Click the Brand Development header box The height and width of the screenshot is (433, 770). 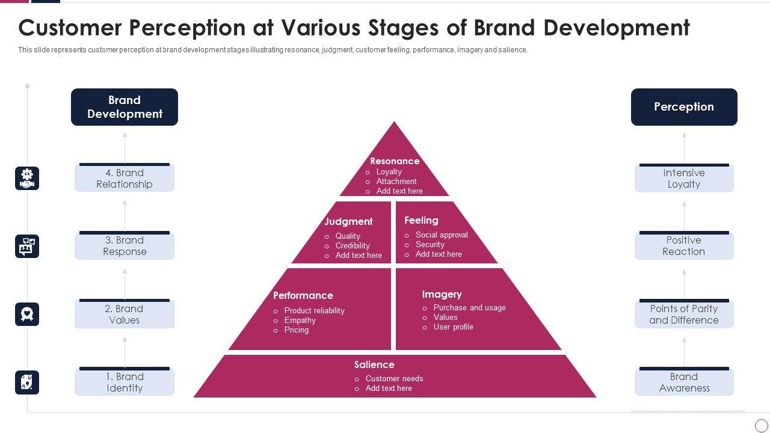[x=125, y=107]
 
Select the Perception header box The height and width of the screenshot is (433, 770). [x=684, y=107]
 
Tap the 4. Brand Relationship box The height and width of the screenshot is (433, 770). [x=125, y=179]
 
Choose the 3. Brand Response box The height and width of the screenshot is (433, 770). [x=125, y=246]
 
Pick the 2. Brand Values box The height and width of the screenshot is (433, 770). [x=125, y=315]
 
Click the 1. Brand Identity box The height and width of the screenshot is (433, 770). [x=125, y=382]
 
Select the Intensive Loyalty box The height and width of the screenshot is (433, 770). [x=684, y=179]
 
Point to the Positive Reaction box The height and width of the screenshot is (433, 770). [x=684, y=246]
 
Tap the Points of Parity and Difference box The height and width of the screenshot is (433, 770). [x=684, y=315]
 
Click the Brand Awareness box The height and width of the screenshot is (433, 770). [x=684, y=382]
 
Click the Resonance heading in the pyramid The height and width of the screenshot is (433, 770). [x=395, y=161]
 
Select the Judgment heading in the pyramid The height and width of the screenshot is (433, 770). [x=348, y=221]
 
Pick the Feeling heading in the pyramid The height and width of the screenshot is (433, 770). [x=421, y=220]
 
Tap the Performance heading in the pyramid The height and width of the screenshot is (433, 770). [x=303, y=295]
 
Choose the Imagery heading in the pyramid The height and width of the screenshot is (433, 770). [x=442, y=294]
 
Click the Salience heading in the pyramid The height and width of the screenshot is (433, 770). [x=374, y=364]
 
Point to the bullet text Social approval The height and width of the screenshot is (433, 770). [x=442, y=235]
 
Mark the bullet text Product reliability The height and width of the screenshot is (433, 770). [x=314, y=310]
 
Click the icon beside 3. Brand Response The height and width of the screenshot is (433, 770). [x=27, y=247]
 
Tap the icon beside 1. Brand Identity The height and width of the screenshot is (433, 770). [x=27, y=382]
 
